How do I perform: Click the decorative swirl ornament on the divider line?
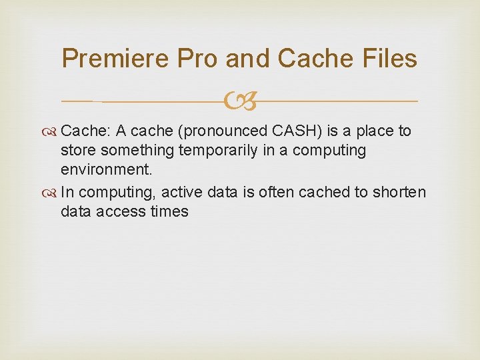[x=240, y=102]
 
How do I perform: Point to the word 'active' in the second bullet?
[x=185, y=192]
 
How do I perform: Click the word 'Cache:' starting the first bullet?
[x=86, y=131]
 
